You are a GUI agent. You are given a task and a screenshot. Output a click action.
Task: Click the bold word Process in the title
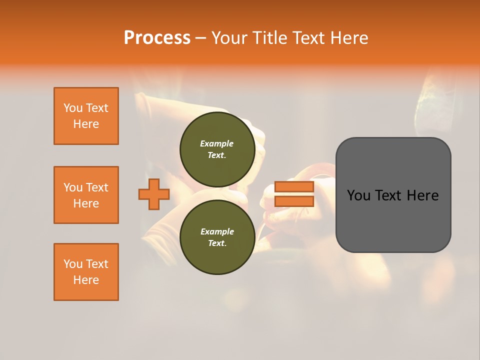pyautogui.click(x=157, y=38)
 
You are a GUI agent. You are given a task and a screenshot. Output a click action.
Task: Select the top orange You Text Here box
pyautogui.click(x=86, y=116)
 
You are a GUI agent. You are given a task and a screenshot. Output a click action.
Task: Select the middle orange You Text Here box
pyautogui.click(x=86, y=195)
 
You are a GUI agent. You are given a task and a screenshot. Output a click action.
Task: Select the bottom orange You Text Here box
pyautogui.click(x=86, y=272)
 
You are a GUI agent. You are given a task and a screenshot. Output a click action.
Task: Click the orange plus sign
pyautogui.click(x=154, y=194)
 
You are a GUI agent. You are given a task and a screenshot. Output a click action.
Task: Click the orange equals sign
pyautogui.click(x=294, y=194)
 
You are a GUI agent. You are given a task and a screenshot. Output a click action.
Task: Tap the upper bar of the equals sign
pyautogui.click(x=294, y=187)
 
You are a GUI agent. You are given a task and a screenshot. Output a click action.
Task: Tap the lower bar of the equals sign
pyautogui.click(x=294, y=201)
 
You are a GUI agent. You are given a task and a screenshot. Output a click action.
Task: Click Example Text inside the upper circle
pyautogui.click(x=217, y=149)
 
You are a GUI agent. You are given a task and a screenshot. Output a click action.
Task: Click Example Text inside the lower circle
pyautogui.click(x=217, y=237)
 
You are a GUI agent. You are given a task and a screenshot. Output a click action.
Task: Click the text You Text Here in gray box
pyautogui.click(x=393, y=195)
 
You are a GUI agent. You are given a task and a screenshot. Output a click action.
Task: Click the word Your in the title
pyautogui.click(x=229, y=38)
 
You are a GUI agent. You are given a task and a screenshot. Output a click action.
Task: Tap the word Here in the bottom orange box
pyautogui.click(x=86, y=280)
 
